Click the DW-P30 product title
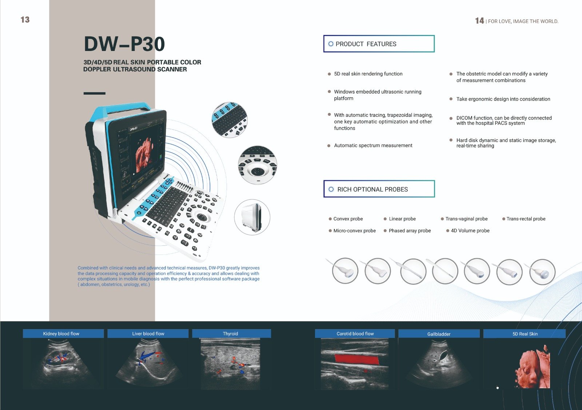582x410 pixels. (x=124, y=44)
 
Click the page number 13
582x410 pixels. (x=25, y=20)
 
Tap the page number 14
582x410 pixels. (x=479, y=21)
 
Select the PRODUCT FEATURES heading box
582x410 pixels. (x=379, y=44)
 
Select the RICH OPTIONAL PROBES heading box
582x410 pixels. (x=379, y=189)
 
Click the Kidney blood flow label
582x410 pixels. (x=61, y=334)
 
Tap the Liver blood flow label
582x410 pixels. (x=148, y=334)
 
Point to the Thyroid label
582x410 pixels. (x=230, y=334)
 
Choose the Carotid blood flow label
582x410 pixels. (x=355, y=334)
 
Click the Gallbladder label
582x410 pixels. (x=439, y=334)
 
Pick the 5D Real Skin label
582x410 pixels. (x=525, y=334)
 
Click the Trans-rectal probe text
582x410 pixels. (x=526, y=219)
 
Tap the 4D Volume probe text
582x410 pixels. (x=470, y=230)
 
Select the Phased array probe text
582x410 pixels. (x=410, y=230)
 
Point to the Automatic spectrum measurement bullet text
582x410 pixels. (x=373, y=145)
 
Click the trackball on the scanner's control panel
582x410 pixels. (x=201, y=217)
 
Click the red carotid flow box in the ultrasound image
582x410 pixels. (x=356, y=359)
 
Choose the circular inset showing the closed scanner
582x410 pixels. (x=252, y=217)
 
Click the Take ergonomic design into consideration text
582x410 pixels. (x=503, y=99)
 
